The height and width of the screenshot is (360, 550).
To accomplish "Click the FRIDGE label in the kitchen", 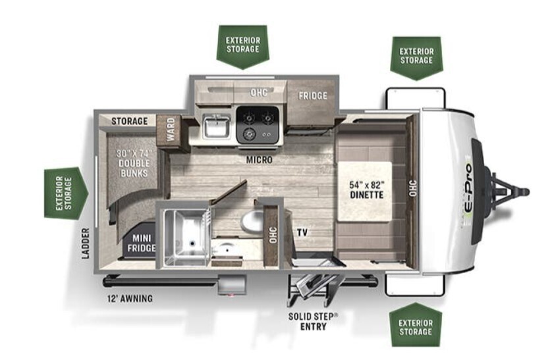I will (313, 95).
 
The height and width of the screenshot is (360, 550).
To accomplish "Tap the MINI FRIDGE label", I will (143, 243).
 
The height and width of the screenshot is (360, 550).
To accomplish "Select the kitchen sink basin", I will (215, 126).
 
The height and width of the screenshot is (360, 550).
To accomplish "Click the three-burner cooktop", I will (258, 124).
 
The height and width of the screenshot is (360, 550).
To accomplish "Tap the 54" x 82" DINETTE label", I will (367, 190).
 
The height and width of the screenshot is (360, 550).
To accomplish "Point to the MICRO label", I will (260, 159).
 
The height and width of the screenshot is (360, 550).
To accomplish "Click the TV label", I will (302, 232).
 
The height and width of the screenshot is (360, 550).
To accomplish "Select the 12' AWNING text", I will (130, 298).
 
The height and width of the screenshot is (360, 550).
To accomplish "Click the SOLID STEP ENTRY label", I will (313, 321).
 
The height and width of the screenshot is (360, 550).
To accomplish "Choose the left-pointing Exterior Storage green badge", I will (65, 193).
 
